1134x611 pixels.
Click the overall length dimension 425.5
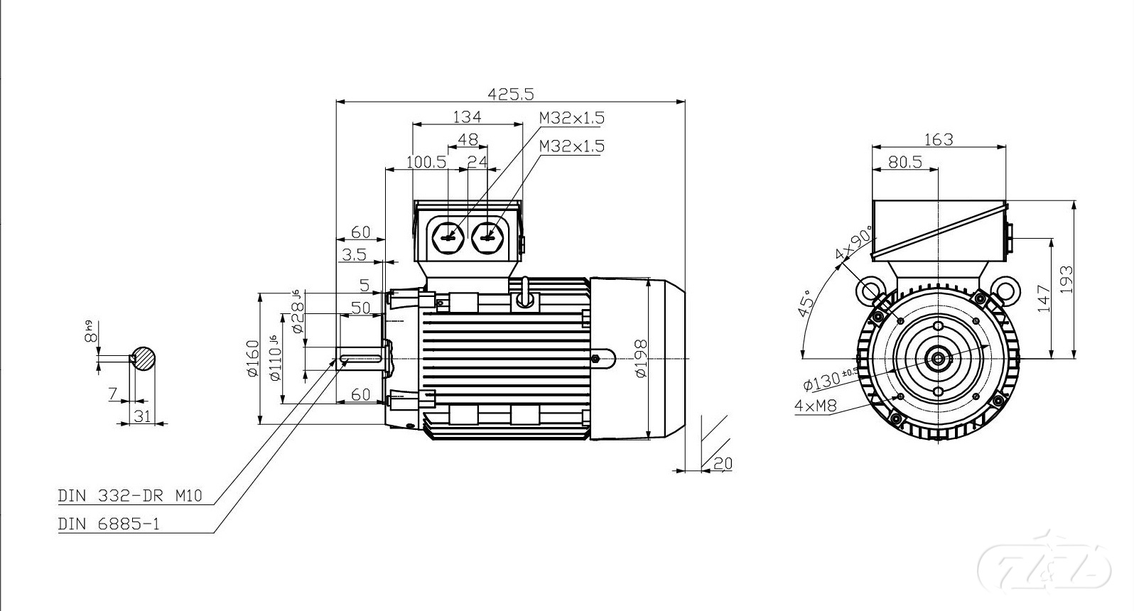point(510,93)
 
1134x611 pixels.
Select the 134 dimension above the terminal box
point(467,117)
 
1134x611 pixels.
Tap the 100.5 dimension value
point(426,162)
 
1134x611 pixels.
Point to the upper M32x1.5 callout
point(571,117)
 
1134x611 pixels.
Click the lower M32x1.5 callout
point(571,146)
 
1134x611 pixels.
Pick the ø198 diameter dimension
point(640,359)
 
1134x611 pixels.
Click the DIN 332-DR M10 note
point(130,496)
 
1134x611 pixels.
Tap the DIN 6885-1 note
point(109,524)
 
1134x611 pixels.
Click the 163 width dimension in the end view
point(939,139)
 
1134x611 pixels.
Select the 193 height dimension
point(1066,279)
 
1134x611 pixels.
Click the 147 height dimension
point(1043,298)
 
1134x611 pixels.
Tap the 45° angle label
point(807,306)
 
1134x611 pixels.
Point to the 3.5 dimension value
point(353,254)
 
